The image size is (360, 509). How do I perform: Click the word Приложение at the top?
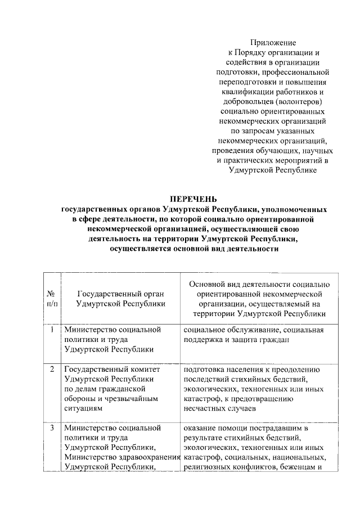273,42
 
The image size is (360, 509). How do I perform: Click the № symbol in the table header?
51,293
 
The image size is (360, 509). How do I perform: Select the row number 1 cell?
52,330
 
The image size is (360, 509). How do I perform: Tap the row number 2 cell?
52,370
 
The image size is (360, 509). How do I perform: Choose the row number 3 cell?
52,428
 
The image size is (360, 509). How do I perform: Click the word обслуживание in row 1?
245,330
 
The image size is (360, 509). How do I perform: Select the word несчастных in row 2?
205,409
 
